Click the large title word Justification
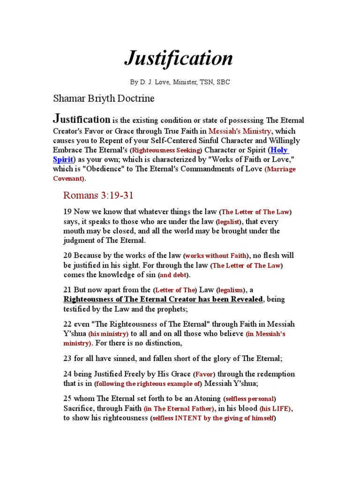(x=179, y=58)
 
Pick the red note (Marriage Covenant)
(x=280, y=169)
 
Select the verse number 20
(x=67, y=255)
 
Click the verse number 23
(x=67, y=359)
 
